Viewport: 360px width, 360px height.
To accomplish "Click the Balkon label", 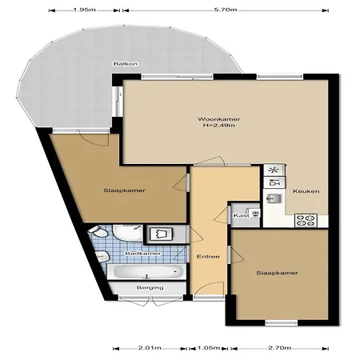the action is [x=126, y=64].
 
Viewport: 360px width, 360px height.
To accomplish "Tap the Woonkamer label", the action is [x=218, y=119].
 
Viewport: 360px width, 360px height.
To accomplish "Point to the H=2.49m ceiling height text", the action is [x=219, y=125].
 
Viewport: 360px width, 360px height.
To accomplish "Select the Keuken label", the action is [x=306, y=191].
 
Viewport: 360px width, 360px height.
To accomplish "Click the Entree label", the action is [x=208, y=257].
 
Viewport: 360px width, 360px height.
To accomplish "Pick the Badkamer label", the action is [x=143, y=254].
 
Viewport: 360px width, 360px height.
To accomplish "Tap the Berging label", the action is [x=150, y=288].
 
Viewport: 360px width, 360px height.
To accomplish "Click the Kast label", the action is [x=241, y=215].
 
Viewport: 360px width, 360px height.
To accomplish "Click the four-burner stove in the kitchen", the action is [x=306, y=221].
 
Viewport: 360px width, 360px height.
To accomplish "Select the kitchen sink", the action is [x=274, y=198].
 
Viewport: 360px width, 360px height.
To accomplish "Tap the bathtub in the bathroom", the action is [x=146, y=272].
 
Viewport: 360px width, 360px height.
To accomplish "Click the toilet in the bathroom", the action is [x=98, y=232].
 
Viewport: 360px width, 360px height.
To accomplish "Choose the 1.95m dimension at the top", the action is [x=84, y=10].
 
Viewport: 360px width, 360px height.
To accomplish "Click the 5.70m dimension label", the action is [x=226, y=10].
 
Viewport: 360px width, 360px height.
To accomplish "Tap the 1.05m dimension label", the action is [x=209, y=348].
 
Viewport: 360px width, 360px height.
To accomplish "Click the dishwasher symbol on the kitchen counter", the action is [x=274, y=183].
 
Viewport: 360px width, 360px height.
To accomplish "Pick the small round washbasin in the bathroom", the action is [x=102, y=257].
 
